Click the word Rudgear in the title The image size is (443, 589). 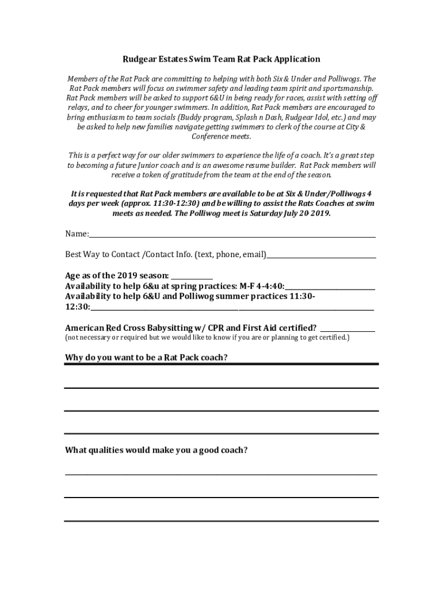click(138, 59)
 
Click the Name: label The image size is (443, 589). click(77, 234)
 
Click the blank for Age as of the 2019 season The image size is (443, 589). click(192, 277)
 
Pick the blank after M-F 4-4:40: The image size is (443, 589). click(330, 288)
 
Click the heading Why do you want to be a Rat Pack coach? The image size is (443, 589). click(146, 358)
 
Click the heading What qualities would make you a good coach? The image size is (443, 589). click(156, 450)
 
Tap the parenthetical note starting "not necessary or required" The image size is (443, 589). click(207, 337)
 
